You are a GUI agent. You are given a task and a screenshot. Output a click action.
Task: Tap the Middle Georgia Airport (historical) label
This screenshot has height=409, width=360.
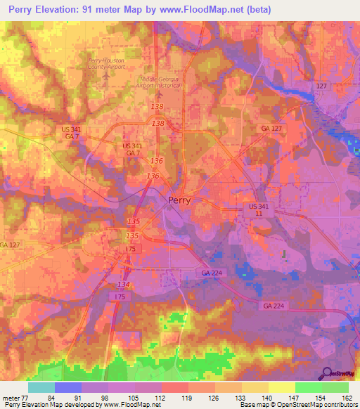pos(161,82)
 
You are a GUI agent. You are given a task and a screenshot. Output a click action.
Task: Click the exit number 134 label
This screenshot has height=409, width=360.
pos(124,283)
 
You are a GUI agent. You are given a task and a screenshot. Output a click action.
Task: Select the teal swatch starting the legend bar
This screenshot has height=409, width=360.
pos(41,387)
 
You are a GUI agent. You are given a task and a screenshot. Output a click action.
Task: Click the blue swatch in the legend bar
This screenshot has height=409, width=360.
pos(67,387)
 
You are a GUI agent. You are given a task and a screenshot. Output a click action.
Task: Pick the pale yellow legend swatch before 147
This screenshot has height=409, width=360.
pos(281,387)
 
